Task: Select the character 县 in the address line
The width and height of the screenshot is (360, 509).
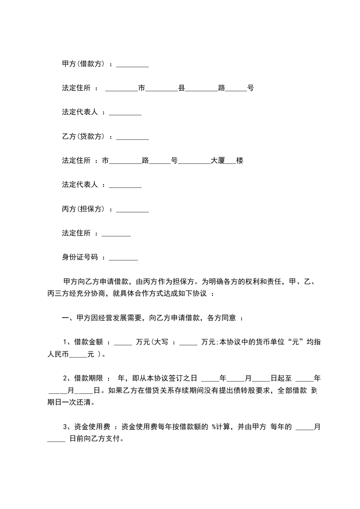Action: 181,88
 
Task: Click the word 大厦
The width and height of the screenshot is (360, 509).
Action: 218,161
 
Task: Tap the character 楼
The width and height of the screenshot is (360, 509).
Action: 240,161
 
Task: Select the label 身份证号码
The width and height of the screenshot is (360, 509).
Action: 80,257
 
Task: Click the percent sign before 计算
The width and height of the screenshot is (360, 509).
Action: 212,426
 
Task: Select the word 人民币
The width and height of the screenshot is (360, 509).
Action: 58,354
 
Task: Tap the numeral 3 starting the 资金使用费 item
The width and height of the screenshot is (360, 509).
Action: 64,426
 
